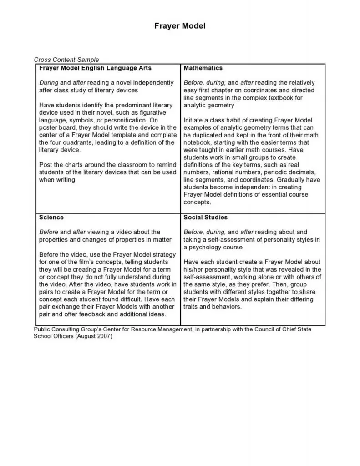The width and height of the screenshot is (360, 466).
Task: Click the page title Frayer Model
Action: pos(180,26)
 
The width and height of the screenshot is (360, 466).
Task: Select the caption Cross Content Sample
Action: pos(66,60)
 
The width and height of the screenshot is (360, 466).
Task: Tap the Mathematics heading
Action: pos(203,68)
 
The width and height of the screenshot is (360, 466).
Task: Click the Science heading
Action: pos(51,218)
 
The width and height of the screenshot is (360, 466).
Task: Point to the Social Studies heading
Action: pos(205,218)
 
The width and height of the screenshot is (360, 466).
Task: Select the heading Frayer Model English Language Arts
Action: pos(96,68)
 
